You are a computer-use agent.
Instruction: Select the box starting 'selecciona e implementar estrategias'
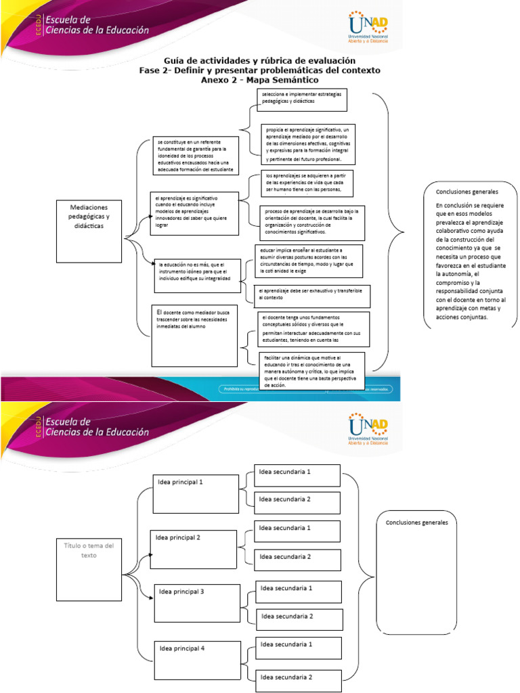302,99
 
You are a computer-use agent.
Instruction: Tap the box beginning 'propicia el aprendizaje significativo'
307,144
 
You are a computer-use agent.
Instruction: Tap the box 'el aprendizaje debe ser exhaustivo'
312,294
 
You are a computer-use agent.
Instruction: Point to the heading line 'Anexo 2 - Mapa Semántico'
259,80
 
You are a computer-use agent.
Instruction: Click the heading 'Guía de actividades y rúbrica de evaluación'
259,60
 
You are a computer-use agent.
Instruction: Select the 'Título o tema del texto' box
89,570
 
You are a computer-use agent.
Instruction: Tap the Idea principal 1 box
196,493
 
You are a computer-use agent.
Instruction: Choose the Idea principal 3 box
197,602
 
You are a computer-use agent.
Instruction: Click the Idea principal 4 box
197,660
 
